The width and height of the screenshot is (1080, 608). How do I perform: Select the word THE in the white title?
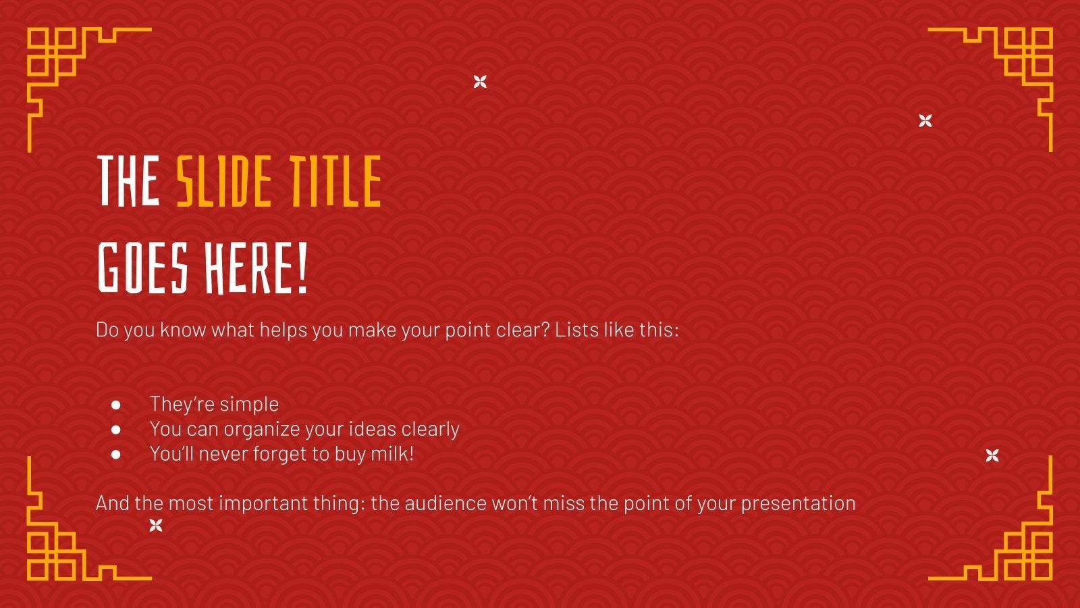coord(128,181)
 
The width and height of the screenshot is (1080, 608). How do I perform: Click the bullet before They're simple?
coord(116,405)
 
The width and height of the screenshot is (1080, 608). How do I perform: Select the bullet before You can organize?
coord(116,430)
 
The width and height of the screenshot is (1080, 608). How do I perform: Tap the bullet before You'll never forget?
coord(116,455)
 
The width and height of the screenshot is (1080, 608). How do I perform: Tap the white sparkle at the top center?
coord(480,82)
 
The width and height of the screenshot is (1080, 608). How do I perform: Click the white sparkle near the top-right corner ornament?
coord(925,121)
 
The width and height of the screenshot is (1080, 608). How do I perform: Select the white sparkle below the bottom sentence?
coord(156,525)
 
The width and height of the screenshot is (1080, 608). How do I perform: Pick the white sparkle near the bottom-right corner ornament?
coord(992,455)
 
